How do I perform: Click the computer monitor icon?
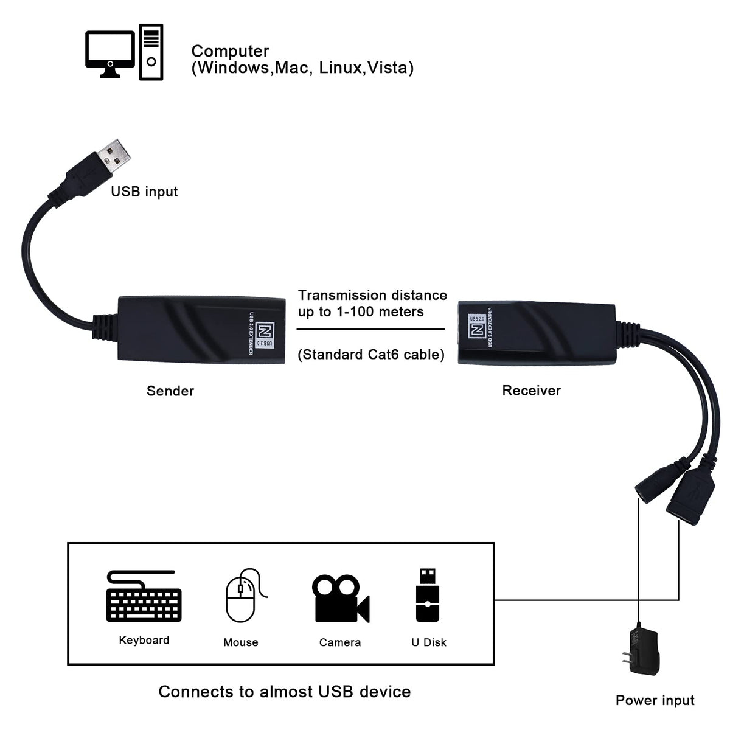coord(110,52)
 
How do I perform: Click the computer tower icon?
coord(151,52)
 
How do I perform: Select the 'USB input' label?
coord(144,192)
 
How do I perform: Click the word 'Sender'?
coord(170,391)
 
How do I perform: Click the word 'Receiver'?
coord(531,391)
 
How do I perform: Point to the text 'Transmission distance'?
coord(372,296)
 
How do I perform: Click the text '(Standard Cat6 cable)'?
coord(370,355)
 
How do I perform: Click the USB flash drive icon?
coord(428,596)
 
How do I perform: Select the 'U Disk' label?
coord(428,642)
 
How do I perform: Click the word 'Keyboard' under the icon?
coord(144,640)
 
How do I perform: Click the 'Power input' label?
coord(655,700)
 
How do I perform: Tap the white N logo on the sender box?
coord(263,332)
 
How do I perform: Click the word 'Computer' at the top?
coord(230,52)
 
